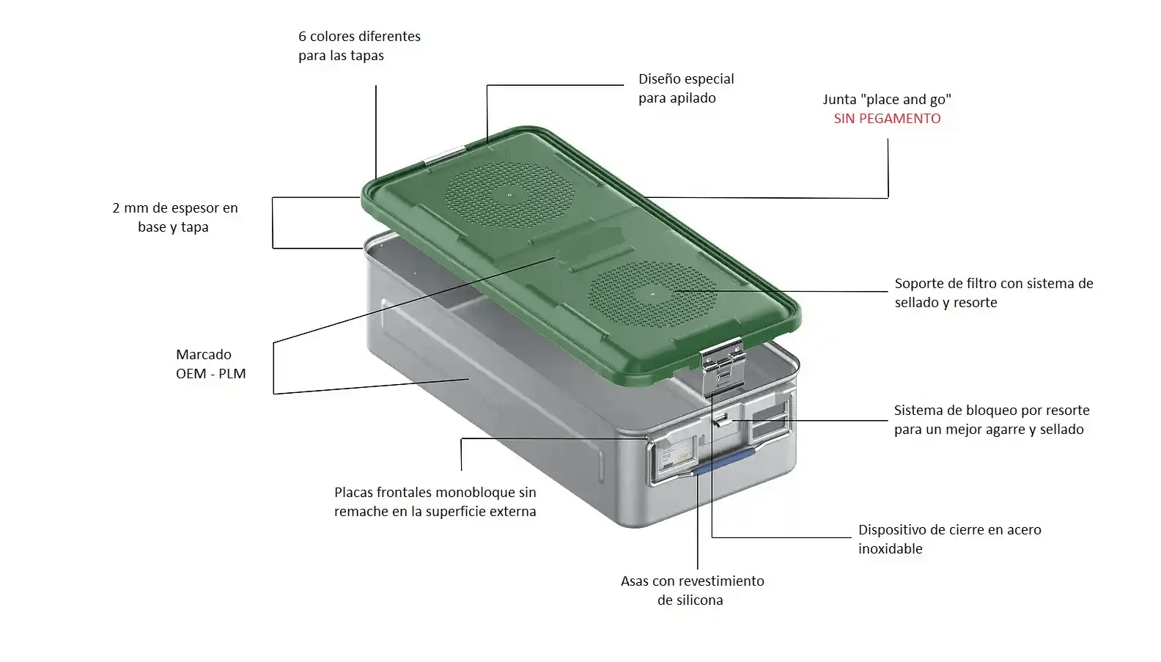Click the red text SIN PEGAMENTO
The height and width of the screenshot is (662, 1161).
(887, 119)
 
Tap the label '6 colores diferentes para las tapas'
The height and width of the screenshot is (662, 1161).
(359, 45)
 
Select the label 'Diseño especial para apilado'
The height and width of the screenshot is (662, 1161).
(686, 88)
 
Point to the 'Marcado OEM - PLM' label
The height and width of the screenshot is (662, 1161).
(210, 364)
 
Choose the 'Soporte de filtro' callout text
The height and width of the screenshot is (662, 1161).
(994, 293)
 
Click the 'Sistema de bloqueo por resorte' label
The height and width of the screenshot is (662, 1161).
(992, 420)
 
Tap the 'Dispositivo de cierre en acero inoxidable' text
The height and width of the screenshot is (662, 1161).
(949, 539)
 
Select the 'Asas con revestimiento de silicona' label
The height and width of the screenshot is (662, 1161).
(692, 590)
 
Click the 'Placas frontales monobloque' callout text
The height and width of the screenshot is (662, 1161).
(435, 501)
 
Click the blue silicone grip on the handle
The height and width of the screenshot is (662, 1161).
(723, 461)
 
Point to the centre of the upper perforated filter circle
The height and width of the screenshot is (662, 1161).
(509, 196)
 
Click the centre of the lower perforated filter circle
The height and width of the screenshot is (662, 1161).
(652, 295)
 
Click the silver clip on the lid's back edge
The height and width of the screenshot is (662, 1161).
(445, 155)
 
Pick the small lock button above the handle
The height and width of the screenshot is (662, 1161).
(721, 419)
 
